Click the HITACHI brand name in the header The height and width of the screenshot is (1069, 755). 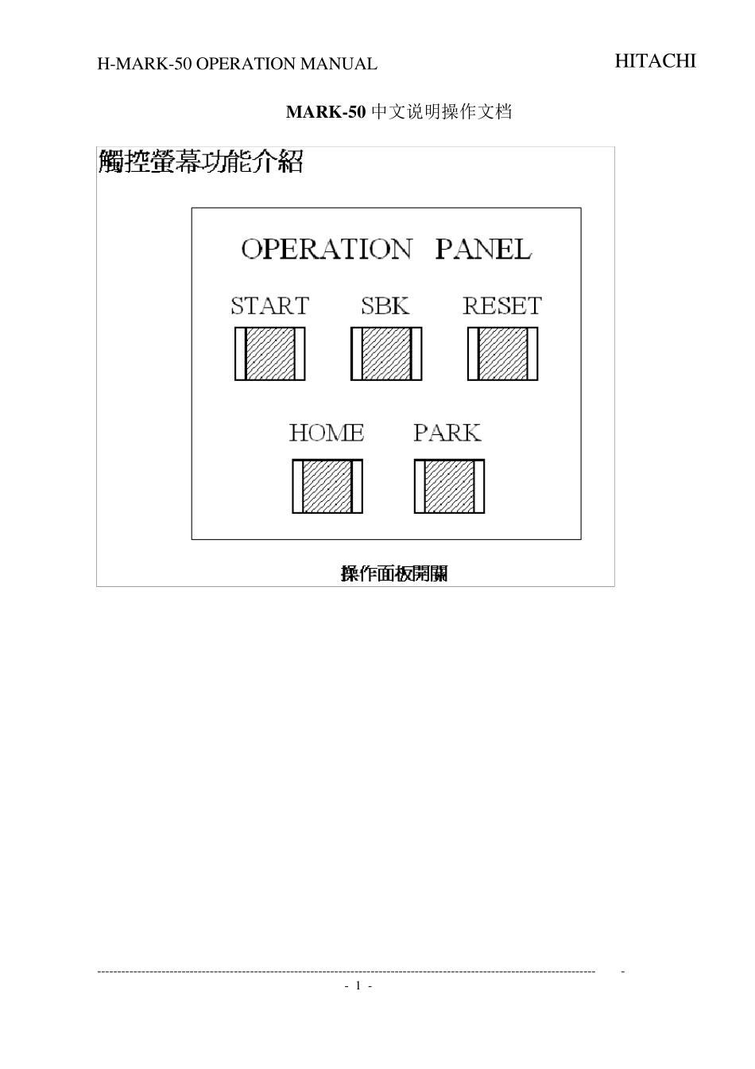(655, 61)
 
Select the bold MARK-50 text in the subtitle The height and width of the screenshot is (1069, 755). (326, 111)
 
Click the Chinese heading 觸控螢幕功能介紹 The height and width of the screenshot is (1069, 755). (201, 161)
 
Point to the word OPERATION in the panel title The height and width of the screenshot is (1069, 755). (326, 249)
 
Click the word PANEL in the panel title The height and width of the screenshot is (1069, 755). (483, 249)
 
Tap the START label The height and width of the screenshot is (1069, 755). (270, 306)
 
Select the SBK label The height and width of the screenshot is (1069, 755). (385, 306)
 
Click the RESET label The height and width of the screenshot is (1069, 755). (502, 306)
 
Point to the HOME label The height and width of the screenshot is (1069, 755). (327, 433)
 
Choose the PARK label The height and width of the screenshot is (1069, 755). (447, 433)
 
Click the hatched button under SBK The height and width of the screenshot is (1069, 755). (386, 354)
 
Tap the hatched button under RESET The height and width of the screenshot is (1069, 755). (503, 354)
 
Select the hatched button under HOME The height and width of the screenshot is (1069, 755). (327, 486)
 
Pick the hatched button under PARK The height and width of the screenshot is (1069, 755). (449, 486)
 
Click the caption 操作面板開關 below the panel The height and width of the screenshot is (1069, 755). (394, 573)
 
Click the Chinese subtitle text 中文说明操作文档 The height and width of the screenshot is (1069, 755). (441, 111)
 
